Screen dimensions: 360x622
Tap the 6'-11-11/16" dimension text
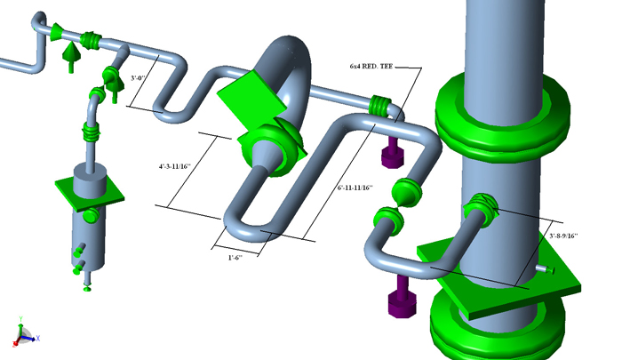click(x=355, y=188)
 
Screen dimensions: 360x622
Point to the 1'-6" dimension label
click(x=236, y=257)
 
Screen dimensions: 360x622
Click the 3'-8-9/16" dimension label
click(x=563, y=236)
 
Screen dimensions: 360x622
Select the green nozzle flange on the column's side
click(x=478, y=210)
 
